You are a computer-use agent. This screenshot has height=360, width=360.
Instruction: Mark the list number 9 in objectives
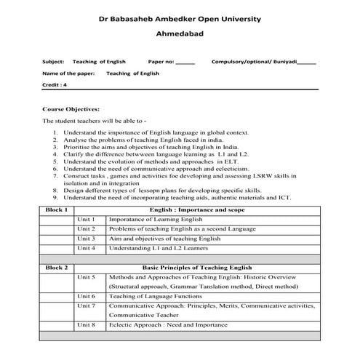pyautogui.click(x=56, y=197)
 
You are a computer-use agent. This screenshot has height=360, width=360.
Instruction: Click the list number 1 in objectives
pyautogui.click(x=56, y=133)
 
